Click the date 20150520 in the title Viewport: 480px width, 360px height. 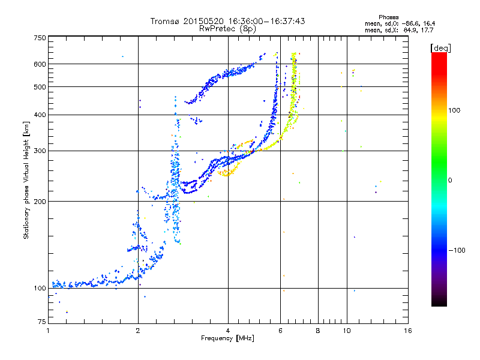[x=203, y=21]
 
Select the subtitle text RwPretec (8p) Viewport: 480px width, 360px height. [x=227, y=29]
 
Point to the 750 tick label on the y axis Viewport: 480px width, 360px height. [x=40, y=38]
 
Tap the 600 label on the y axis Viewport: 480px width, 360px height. [x=40, y=64]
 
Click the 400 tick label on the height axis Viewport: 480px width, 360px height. [x=40, y=115]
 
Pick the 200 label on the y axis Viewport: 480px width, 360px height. [x=40, y=202]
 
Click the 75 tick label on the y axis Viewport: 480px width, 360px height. [x=42, y=322]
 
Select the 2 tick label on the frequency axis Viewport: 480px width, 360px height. [x=138, y=331]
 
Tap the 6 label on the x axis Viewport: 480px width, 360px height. [x=280, y=331]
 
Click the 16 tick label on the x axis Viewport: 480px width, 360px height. [x=408, y=331]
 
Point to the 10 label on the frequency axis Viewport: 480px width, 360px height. [x=347, y=331]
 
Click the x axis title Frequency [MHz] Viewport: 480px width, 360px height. [x=227, y=338]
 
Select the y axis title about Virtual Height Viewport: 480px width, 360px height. [x=26, y=181]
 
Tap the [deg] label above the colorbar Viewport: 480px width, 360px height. [x=441, y=49]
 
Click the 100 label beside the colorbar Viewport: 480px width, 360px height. [x=454, y=110]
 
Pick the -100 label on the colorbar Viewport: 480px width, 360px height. [x=457, y=250]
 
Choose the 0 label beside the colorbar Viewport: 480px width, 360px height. [x=450, y=181]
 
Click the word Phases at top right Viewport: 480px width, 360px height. [x=388, y=17]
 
